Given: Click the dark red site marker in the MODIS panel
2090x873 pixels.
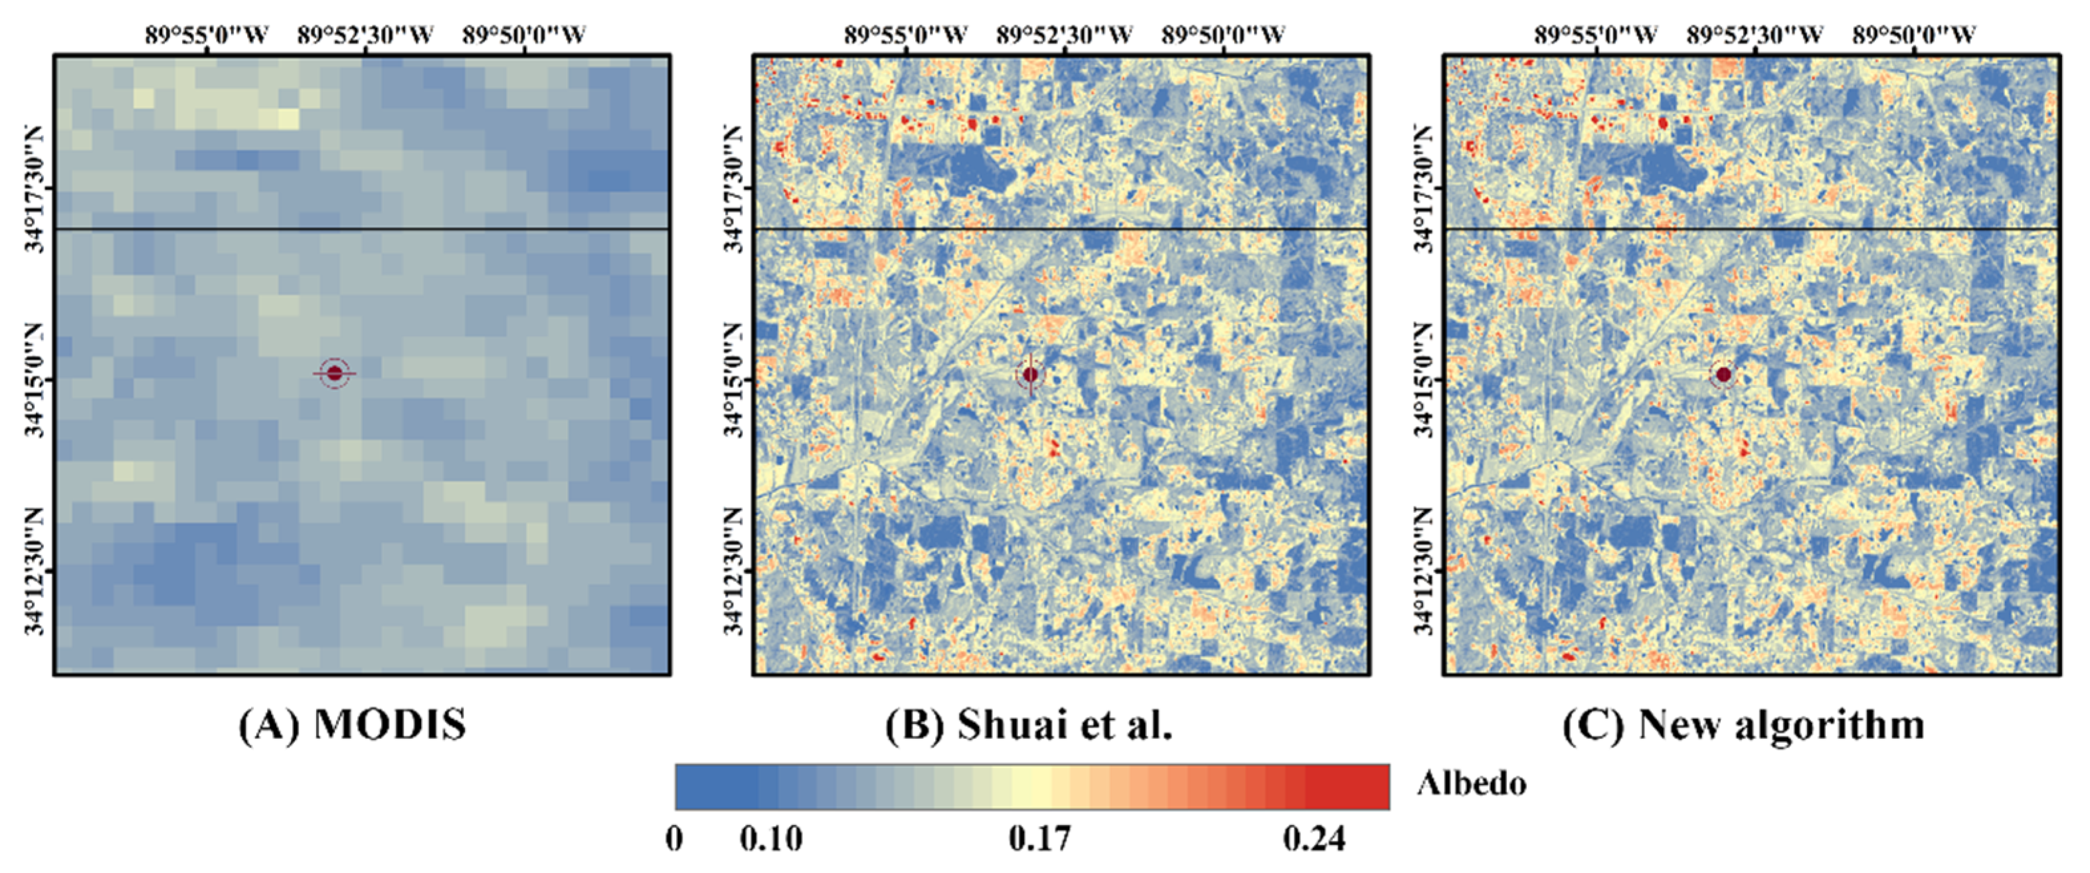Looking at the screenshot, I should [334, 373].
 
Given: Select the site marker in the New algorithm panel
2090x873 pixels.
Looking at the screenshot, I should [1723, 375].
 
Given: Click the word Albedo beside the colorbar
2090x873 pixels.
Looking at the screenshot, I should [1472, 784].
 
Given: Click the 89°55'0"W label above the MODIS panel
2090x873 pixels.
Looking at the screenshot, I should [207, 35].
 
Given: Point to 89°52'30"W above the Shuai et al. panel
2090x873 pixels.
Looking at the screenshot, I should [1064, 35].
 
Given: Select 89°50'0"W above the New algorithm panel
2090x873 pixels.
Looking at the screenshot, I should [1914, 35].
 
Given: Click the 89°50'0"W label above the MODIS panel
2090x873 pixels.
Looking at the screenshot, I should [524, 35].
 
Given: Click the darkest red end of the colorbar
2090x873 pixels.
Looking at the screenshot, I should [1371, 786].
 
